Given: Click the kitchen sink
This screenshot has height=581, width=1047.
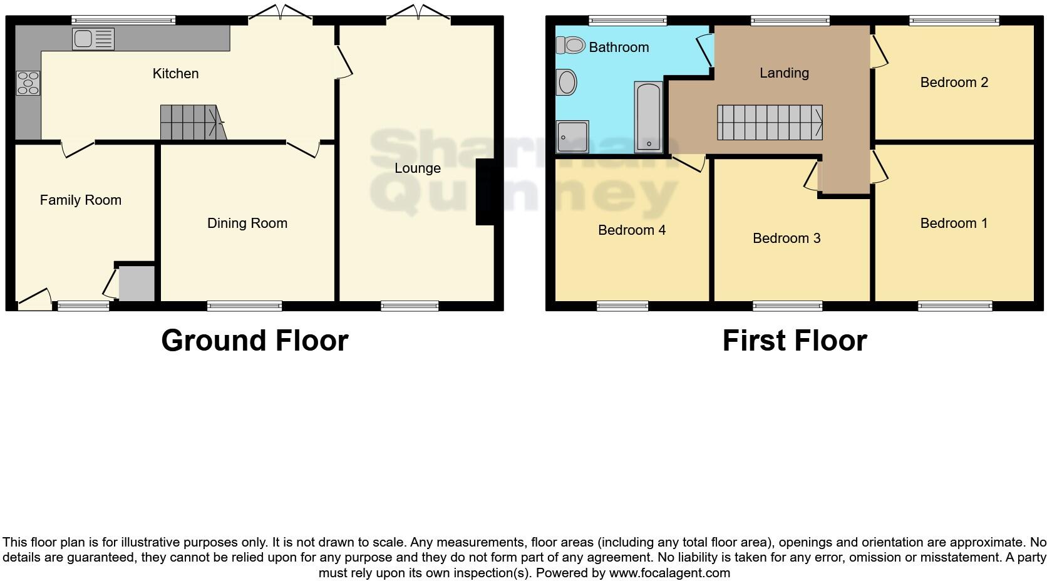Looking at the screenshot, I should [93, 39].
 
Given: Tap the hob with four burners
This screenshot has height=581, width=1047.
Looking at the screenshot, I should [28, 83].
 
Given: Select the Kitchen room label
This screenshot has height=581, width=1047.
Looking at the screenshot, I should [175, 73].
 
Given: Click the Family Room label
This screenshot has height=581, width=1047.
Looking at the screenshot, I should [80, 200].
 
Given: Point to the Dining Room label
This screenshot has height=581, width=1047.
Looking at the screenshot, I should [247, 223].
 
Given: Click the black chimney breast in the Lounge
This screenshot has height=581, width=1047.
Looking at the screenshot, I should [486, 192].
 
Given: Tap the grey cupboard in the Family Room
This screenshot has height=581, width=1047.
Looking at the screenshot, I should [137, 284].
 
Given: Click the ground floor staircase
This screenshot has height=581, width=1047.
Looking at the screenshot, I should [190, 122].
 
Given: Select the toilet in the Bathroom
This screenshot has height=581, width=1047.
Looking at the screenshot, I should [570, 45].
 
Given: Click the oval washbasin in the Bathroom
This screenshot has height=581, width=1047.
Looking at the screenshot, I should [567, 83].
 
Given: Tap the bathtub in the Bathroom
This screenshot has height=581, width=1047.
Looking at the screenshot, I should [648, 117].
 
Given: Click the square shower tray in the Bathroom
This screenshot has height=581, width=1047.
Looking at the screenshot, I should [572, 137].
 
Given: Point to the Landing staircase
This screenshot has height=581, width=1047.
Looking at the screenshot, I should [769, 122].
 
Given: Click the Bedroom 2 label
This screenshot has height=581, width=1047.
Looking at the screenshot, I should [954, 82].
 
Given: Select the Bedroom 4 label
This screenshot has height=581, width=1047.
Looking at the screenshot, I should [631, 230].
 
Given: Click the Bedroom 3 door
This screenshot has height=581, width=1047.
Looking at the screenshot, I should [812, 176].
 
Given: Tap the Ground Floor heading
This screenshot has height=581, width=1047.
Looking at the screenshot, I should [254, 341].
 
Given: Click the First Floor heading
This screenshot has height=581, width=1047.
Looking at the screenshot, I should [794, 341].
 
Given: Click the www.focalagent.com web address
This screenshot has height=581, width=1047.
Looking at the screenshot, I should [669, 572].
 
